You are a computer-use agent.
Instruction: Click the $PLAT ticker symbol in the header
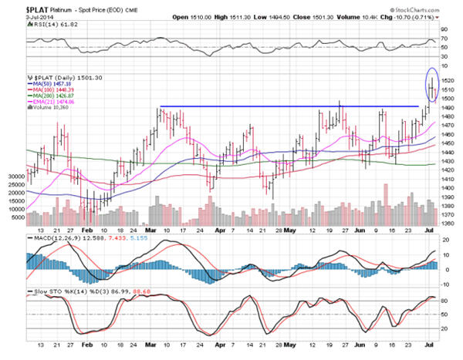click(x=18, y=7)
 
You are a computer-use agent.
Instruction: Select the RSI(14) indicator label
click(x=21, y=25)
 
